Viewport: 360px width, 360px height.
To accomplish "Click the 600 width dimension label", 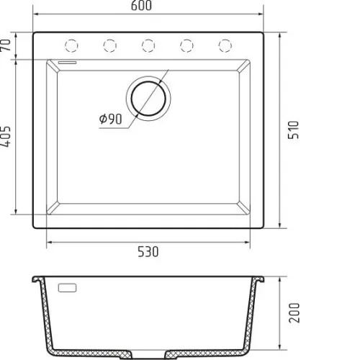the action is pyautogui.click(x=141, y=6).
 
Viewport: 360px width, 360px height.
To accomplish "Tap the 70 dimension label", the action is pyautogui.click(x=6, y=45).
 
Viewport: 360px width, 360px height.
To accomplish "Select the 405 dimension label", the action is pyautogui.click(x=6, y=136).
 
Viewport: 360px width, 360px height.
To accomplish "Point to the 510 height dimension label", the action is pyautogui.click(x=294, y=130).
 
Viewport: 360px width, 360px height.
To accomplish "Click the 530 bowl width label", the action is pyautogui.click(x=148, y=252).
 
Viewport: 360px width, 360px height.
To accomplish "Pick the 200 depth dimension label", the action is pyautogui.click(x=294, y=312).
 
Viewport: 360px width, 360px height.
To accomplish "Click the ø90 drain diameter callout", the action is pyautogui.click(x=111, y=119).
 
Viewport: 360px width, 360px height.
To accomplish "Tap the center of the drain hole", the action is pyautogui.click(x=148, y=99).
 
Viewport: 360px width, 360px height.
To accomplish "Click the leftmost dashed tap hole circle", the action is pyautogui.click(x=71, y=45).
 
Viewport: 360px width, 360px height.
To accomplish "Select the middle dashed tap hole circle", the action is pyautogui.click(x=148, y=45).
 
